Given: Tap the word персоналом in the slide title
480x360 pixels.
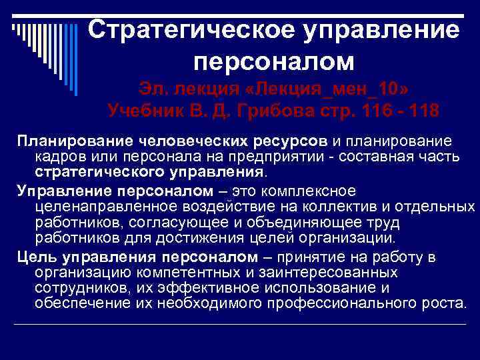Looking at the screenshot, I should click(x=273, y=61).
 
